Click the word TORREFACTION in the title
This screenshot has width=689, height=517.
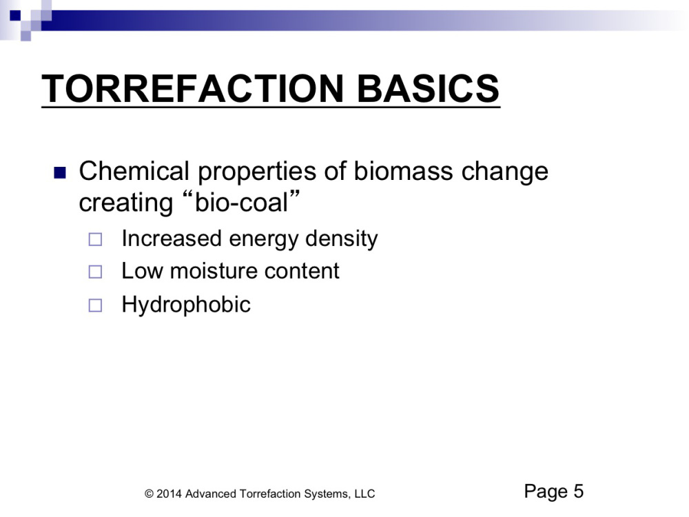point(192,88)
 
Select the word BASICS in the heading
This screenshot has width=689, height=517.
point(428,88)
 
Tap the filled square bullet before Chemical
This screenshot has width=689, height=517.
point(60,173)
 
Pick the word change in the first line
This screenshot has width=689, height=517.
point(505,172)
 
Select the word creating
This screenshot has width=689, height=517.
point(125,204)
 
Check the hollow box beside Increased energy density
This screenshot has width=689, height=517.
point(95,240)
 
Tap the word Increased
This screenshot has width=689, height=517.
point(172,239)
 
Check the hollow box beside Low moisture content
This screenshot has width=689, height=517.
point(95,272)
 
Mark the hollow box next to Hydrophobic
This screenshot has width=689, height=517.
point(95,305)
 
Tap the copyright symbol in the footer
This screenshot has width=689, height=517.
point(149,494)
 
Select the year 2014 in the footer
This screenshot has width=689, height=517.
point(169,494)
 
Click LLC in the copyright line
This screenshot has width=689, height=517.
point(364,494)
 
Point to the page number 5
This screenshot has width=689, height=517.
point(578,491)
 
